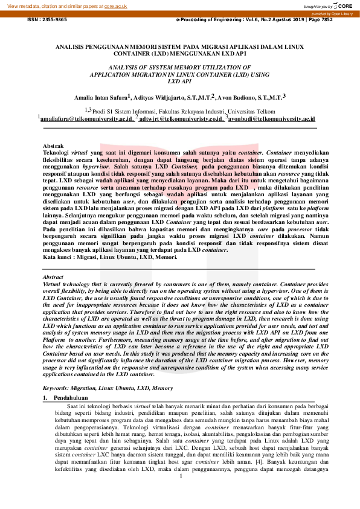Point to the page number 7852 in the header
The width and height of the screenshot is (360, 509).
(x=341, y=19)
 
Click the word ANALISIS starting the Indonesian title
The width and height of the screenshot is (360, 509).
(x=71, y=46)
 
